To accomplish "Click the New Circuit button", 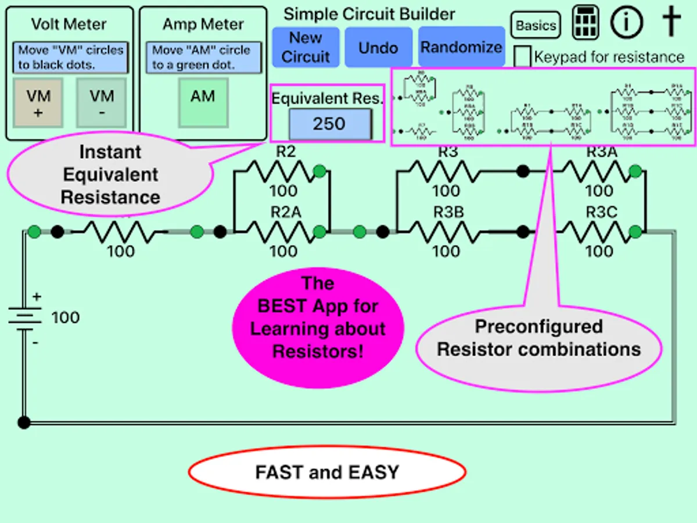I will [x=306, y=47].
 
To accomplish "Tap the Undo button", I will [x=378, y=48].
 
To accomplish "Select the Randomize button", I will [x=461, y=47].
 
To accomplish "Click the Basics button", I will [x=536, y=26].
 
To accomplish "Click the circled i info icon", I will [x=627, y=23].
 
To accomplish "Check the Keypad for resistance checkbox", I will [x=523, y=57].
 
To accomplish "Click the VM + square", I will [x=38, y=103].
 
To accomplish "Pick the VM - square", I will [x=101, y=103].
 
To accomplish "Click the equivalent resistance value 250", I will [x=329, y=124].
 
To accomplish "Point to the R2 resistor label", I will [x=286, y=152].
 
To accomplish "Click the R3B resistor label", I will [x=448, y=213].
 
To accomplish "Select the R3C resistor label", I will [x=601, y=213].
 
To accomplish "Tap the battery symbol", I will [x=24, y=318].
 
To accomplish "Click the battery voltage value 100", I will [x=66, y=318].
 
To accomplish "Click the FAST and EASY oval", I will [x=327, y=472].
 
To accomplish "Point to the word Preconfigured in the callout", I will [x=538, y=327].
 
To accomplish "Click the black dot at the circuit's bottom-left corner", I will [x=24, y=422].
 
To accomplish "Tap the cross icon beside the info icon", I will [x=671, y=23].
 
